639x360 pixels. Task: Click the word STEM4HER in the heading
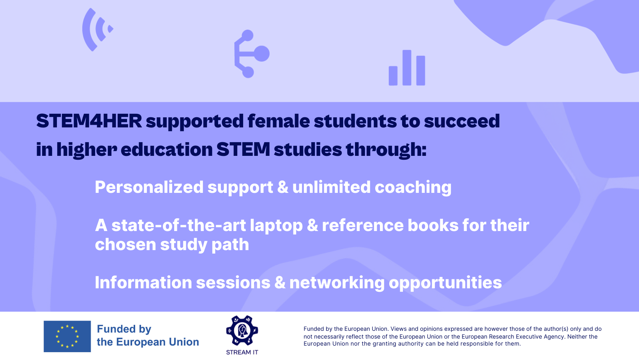pyautogui.click(x=89, y=121)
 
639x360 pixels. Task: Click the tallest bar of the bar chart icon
pyautogui.click(x=407, y=68)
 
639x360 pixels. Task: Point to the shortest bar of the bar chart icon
pyautogui.click(x=393, y=76)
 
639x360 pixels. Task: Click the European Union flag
pyautogui.click(x=67, y=336)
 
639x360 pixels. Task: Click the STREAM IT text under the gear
pyautogui.click(x=242, y=352)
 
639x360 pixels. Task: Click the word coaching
pyautogui.click(x=413, y=187)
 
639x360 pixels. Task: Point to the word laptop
pyautogui.click(x=276, y=226)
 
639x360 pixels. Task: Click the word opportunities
pyautogui.click(x=445, y=283)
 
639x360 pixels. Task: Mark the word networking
pyautogui.click(x=337, y=283)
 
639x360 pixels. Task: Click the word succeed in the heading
pyautogui.click(x=462, y=121)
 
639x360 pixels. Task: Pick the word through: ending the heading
pyautogui.click(x=386, y=150)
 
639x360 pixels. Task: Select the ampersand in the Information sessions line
pyautogui.click(x=280, y=282)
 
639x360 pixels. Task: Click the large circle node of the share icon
pyautogui.click(x=261, y=54)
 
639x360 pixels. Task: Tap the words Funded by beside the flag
pyautogui.click(x=124, y=329)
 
